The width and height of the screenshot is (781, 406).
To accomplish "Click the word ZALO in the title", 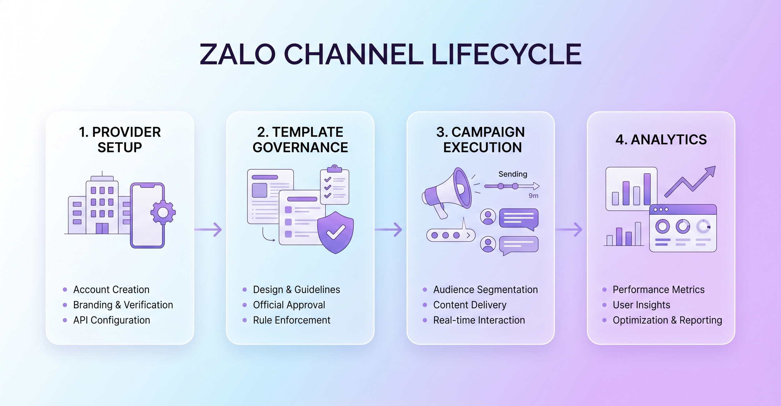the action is click(x=237, y=54).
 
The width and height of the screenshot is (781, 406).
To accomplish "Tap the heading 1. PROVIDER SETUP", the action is click(x=120, y=139).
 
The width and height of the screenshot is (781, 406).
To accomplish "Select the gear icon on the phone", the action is click(x=163, y=213).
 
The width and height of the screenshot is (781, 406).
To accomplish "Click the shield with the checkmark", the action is click(x=335, y=232).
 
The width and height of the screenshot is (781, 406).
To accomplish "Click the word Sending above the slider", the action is click(x=513, y=174).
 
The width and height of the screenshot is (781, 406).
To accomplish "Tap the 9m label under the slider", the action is click(x=533, y=196).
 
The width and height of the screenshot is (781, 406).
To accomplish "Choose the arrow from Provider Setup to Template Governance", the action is click(x=208, y=230).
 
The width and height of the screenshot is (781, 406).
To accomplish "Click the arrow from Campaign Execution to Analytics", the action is click(x=569, y=230).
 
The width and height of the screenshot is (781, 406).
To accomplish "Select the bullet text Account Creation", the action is click(x=111, y=290).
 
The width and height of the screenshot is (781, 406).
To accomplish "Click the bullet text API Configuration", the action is click(x=112, y=320).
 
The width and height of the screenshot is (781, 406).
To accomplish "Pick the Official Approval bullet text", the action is click(x=289, y=305).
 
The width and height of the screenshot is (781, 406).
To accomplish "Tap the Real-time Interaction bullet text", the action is click(x=479, y=320).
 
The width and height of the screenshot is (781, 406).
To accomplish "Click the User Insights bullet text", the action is click(x=641, y=305).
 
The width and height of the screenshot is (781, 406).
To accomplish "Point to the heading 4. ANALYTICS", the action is click(x=661, y=139).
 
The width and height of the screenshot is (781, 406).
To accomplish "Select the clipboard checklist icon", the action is click(x=335, y=185).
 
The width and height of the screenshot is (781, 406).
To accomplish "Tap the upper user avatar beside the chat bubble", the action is click(x=488, y=217).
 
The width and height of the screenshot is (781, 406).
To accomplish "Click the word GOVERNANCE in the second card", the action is click(x=300, y=147).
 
